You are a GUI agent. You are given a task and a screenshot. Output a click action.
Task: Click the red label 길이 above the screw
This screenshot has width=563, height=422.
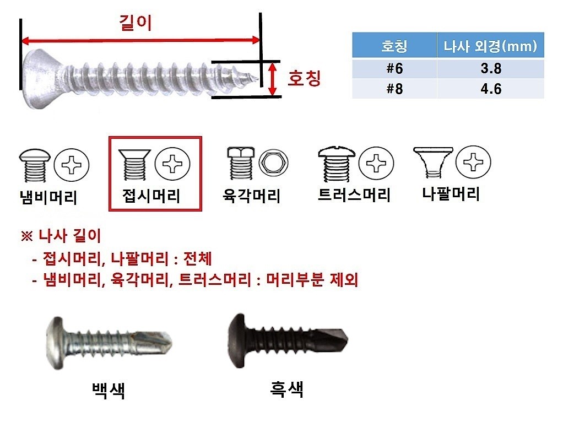[136, 23]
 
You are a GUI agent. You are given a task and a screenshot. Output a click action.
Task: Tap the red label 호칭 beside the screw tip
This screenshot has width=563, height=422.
[304, 78]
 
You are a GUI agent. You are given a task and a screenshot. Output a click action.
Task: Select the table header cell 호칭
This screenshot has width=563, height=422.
[394, 46]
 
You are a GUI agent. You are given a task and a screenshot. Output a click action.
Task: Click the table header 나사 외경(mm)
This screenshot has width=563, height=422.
[490, 46]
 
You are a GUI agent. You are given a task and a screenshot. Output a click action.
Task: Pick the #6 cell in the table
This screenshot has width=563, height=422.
[394, 69]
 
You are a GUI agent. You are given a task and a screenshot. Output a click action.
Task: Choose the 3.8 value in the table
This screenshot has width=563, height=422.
[490, 69]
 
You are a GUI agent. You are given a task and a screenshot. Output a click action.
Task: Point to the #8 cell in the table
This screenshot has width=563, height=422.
[394, 89]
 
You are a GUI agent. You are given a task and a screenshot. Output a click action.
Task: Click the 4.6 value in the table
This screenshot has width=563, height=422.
[490, 89]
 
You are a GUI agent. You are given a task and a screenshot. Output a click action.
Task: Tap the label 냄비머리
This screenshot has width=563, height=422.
[48, 197]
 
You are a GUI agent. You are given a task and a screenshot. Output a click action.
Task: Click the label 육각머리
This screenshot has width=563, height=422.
[252, 196]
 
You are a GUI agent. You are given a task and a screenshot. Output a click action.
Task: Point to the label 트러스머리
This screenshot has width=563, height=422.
[354, 194]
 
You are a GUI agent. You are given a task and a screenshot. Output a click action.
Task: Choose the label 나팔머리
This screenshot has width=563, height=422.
[451, 193]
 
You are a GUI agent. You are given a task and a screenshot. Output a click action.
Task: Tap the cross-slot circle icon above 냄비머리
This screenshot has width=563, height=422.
[71, 164]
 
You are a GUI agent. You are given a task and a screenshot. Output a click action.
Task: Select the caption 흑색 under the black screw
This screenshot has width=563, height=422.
[286, 388]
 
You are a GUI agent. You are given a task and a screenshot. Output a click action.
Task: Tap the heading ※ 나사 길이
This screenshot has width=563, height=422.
[61, 236]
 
